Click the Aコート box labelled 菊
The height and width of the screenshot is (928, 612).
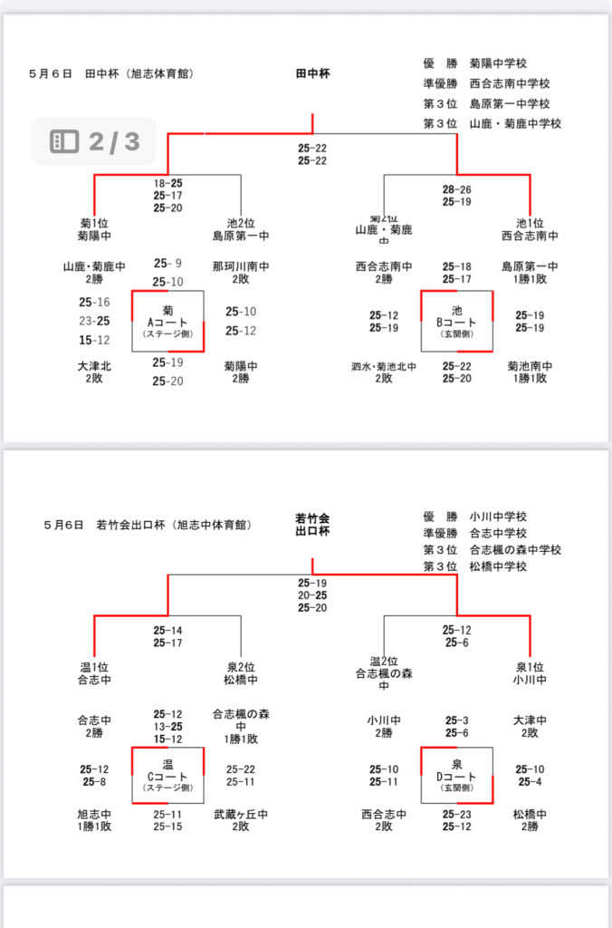click(167, 321)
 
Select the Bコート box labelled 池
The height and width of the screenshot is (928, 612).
click(456, 321)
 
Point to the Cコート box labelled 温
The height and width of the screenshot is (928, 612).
click(167, 776)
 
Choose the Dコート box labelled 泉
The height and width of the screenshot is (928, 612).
click(456, 776)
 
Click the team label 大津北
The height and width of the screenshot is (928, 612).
click(94, 366)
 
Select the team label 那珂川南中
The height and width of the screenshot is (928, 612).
click(241, 266)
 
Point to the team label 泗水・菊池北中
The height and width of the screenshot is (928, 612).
click(384, 366)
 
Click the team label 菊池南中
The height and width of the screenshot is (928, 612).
click(530, 366)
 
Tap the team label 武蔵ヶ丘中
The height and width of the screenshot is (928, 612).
click(240, 815)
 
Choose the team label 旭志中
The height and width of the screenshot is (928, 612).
click(94, 815)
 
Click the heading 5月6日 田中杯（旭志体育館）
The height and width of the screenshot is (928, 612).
click(111, 73)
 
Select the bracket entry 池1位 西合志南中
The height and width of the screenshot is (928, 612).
click(530, 229)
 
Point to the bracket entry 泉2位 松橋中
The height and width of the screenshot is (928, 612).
click(240, 672)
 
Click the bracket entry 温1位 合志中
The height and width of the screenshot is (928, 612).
click(94, 672)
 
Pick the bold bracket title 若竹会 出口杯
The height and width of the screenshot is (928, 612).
click(312, 524)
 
